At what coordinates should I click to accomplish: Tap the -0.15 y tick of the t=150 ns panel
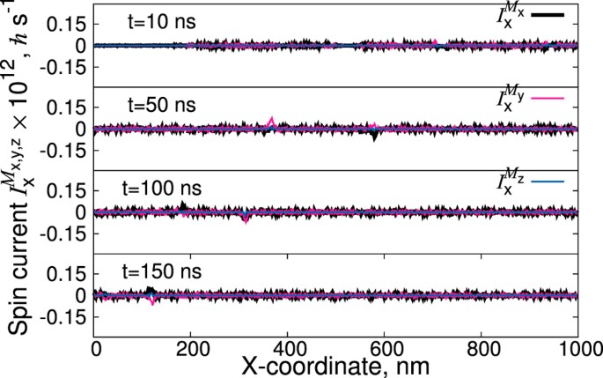63,319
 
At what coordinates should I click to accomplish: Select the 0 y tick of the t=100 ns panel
82,211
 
